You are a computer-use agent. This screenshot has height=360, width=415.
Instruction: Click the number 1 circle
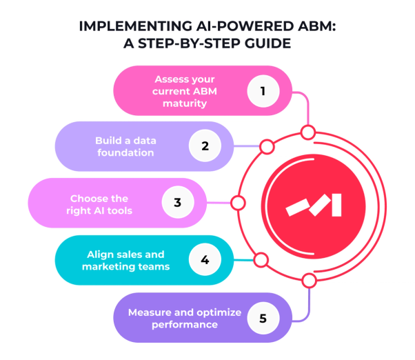pos(261,90)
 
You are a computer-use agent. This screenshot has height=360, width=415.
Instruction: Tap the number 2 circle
pos(205,146)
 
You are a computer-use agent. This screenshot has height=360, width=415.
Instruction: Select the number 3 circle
pos(177,203)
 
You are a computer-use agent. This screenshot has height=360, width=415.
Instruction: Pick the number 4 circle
pos(204,261)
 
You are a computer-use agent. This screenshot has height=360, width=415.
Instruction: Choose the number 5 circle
pos(261,318)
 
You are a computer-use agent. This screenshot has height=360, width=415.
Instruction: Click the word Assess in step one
pos(168,79)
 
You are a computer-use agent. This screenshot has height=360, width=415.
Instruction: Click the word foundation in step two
pos(125,152)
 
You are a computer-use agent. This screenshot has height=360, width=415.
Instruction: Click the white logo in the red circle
pos(314,203)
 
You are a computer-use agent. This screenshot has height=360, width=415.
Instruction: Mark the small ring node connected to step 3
pos(238,203)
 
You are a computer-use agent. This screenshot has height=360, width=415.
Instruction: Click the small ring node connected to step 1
pos(308,132)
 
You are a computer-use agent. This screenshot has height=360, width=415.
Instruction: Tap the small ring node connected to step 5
pos(309,280)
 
